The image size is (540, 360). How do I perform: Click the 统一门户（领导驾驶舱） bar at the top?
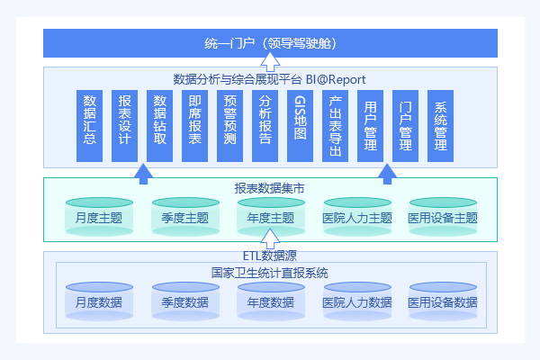point(270,42)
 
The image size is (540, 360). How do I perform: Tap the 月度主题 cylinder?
point(99,218)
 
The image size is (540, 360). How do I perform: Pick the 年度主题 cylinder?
point(270,218)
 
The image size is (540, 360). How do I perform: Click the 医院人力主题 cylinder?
point(357,218)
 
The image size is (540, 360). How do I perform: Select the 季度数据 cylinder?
point(185,302)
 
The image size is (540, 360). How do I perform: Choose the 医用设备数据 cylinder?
point(443,302)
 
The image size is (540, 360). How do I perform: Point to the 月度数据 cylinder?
point(99,302)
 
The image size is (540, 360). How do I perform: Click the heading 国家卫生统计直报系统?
point(270,273)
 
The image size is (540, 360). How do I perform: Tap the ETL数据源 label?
point(270,256)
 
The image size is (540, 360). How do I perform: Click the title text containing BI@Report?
point(270,79)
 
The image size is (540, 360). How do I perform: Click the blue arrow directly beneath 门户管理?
point(387,173)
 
